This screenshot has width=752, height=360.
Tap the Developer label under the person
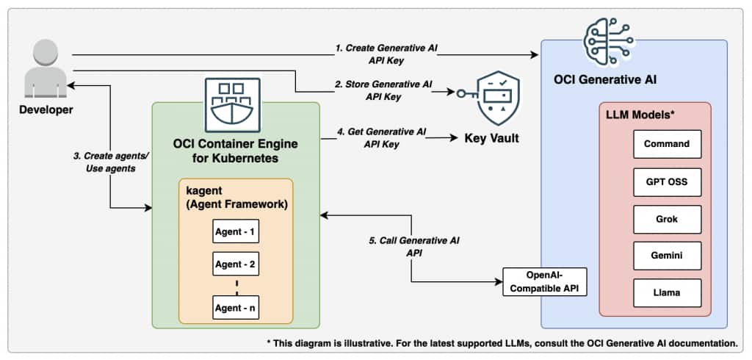pos(46,109)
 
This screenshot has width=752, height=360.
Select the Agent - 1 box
pos(235,231)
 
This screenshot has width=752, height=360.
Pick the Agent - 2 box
pos(235,264)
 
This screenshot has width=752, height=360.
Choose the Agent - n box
pos(235,307)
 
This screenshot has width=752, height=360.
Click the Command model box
pos(667,144)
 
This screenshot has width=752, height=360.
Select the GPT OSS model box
pos(667,181)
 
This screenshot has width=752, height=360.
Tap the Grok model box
pos(667,219)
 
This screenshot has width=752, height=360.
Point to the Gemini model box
pos(667,256)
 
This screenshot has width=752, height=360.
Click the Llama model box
pos(667,292)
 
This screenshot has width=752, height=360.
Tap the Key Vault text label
pos(492,137)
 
